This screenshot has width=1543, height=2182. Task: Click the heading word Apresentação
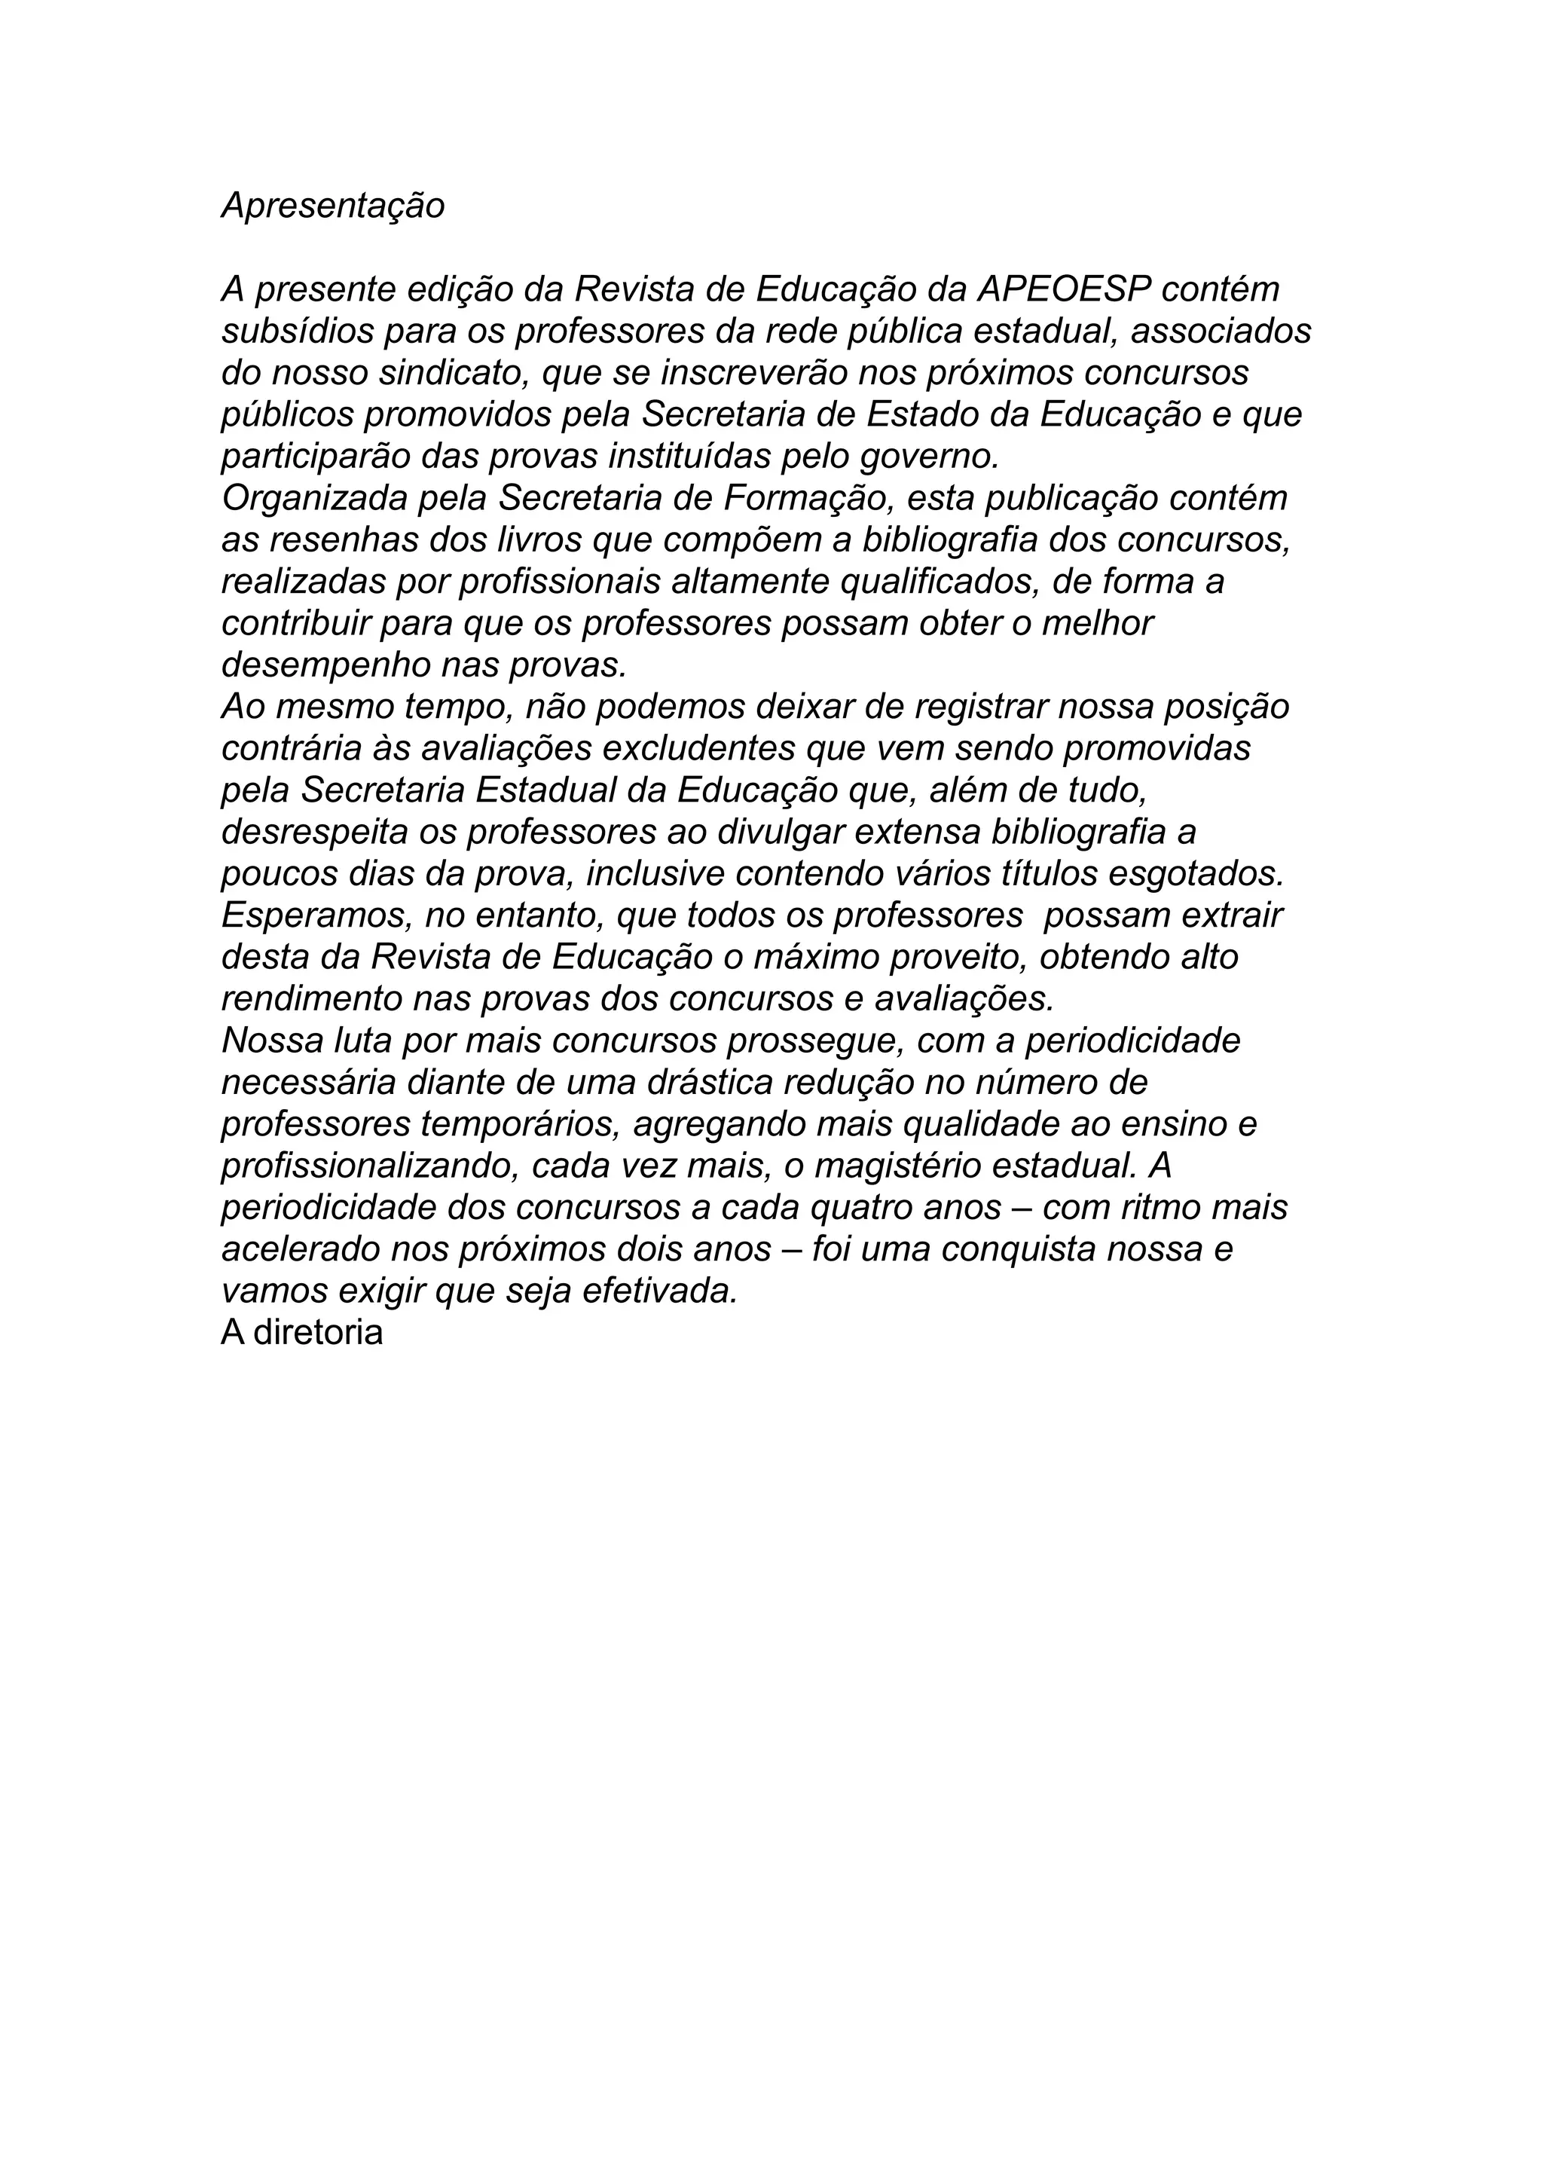click(x=332, y=205)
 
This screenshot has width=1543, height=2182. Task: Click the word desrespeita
click(x=313, y=833)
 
